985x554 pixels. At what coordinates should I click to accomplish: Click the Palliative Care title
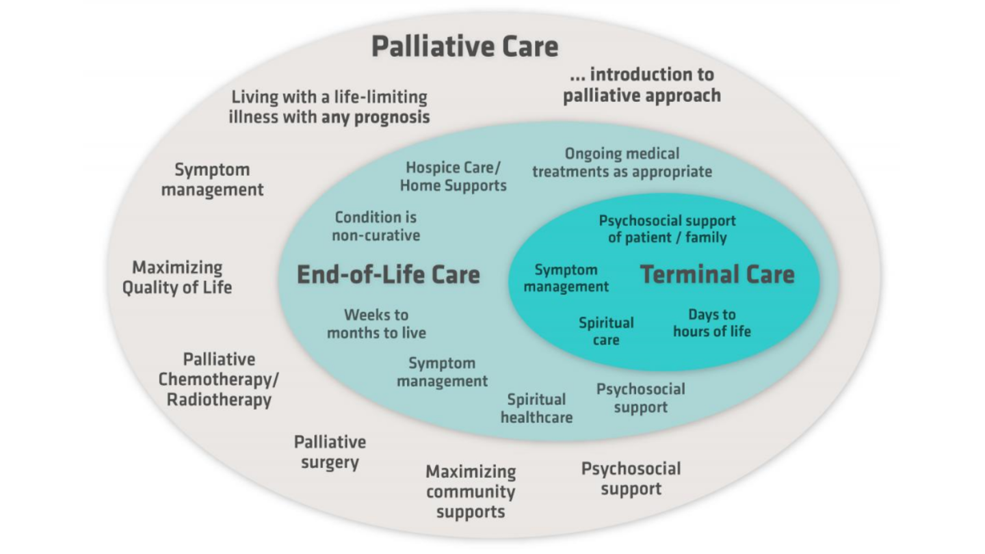pos(464,47)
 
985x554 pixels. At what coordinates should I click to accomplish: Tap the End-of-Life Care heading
pos(388,275)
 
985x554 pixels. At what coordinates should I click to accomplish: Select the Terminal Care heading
pos(717,275)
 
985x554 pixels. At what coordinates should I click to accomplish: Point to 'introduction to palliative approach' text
pos(642,85)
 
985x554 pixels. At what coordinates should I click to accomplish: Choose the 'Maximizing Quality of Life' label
pos(177,277)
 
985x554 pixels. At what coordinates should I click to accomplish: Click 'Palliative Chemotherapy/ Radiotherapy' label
pos(219,380)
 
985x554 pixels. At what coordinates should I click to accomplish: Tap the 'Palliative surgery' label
pos(330,452)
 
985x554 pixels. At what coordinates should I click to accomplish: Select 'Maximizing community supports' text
pos(471,491)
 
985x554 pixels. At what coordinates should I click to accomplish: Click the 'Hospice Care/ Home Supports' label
pos(453,176)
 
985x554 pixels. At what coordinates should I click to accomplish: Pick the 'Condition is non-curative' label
pos(376,226)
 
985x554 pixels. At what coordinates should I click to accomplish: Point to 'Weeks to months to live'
pos(376,324)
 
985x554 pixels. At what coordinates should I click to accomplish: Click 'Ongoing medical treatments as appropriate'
pos(622,162)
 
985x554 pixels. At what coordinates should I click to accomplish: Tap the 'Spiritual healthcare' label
pos(536,408)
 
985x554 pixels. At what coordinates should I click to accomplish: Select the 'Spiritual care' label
pos(606,331)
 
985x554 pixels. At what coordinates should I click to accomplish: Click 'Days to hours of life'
pos(711,323)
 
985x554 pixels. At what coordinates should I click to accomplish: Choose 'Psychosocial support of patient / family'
pos(667,229)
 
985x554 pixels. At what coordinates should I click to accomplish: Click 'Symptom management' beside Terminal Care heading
pos(566,278)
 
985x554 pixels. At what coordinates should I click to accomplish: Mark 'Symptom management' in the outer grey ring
pos(212,179)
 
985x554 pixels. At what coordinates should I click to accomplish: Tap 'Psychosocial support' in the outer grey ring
pos(631,479)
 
